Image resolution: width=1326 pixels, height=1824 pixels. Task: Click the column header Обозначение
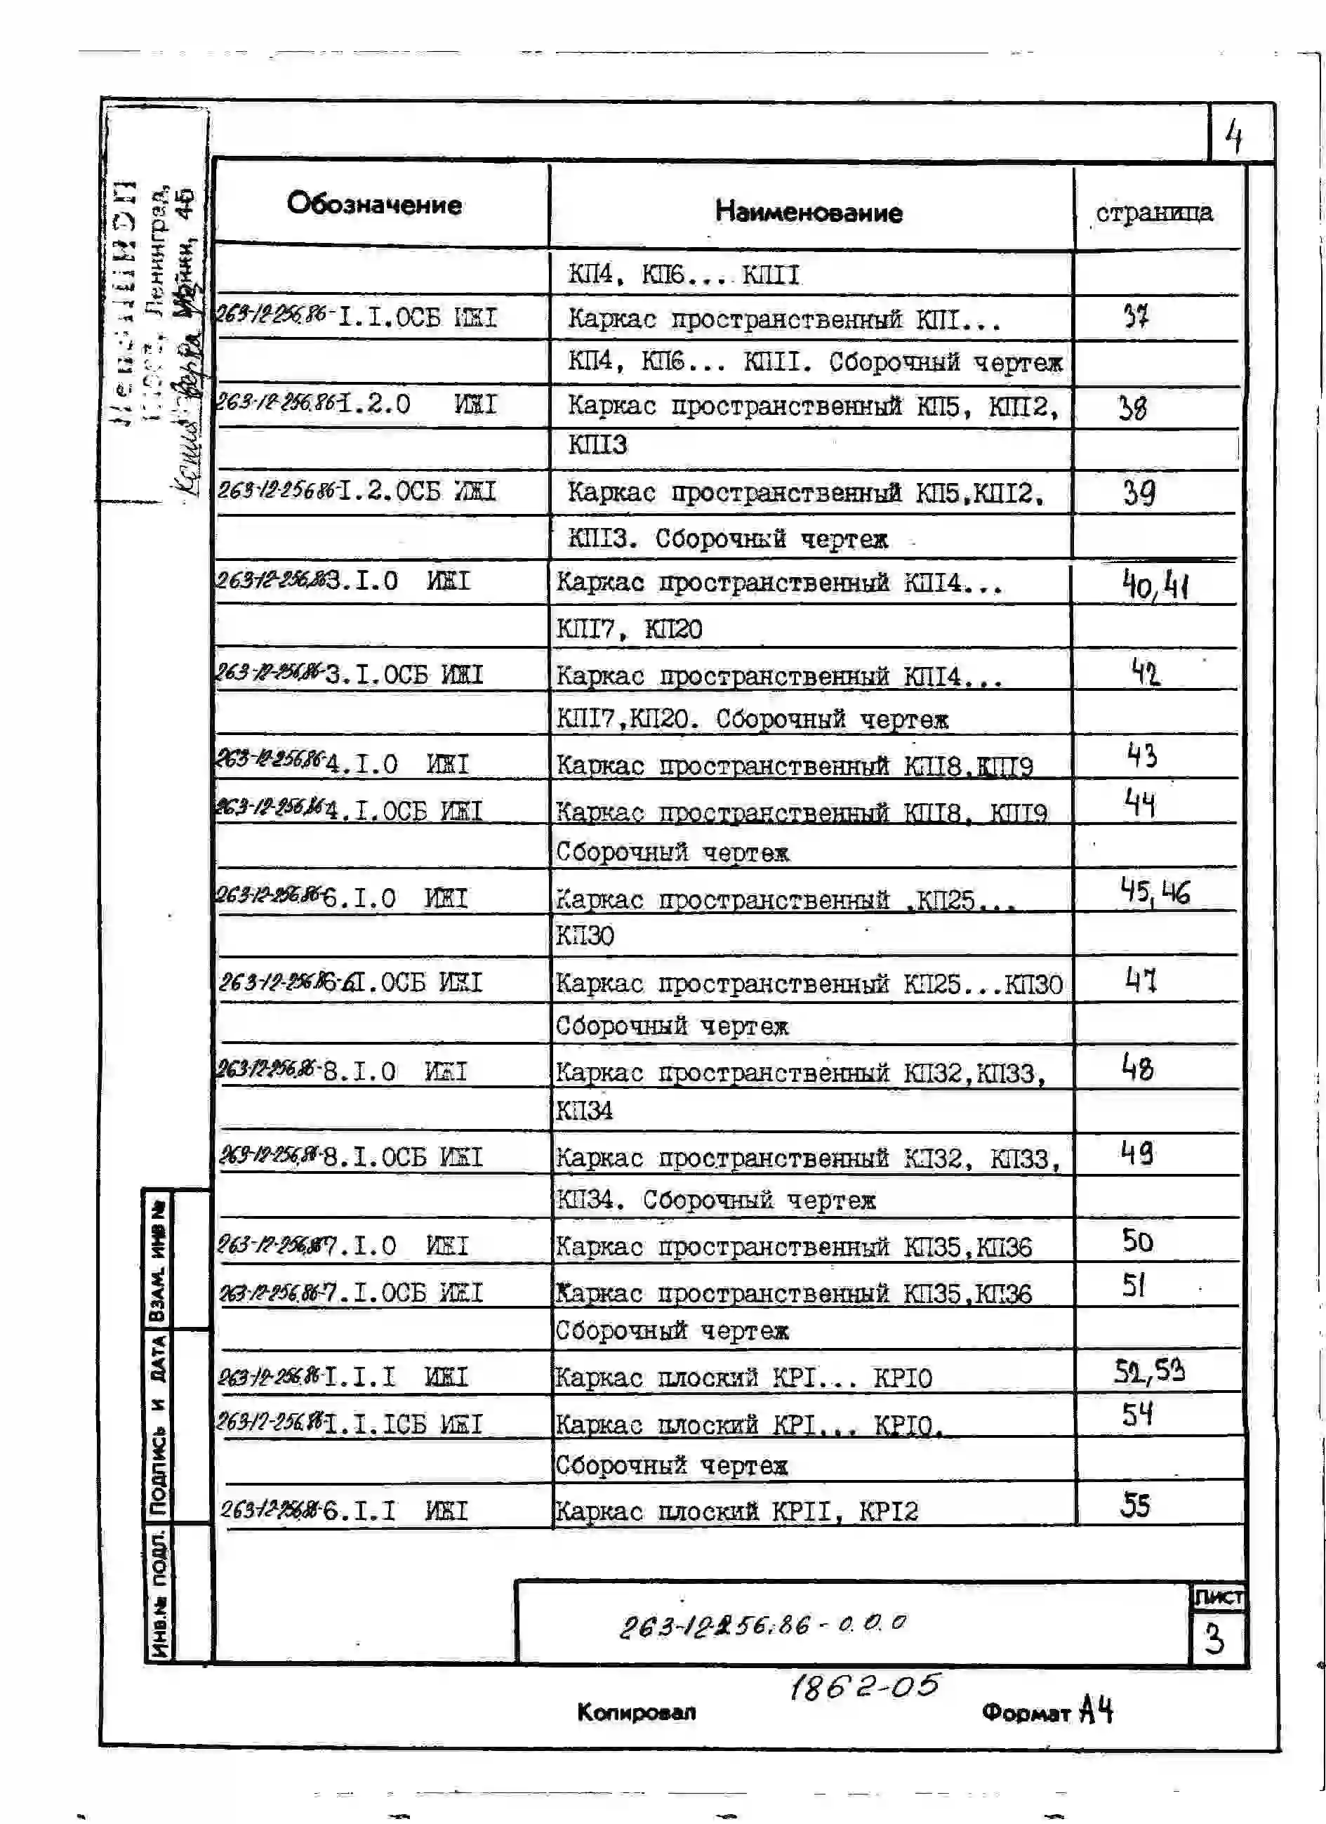[x=374, y=204]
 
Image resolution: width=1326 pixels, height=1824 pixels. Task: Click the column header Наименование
[x=808, y=212]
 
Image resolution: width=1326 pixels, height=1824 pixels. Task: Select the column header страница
[x=1154, y=212]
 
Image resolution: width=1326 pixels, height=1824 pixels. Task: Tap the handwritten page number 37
[x=1136, y=317]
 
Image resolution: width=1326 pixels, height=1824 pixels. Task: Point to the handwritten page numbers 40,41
[x=1155, y=585]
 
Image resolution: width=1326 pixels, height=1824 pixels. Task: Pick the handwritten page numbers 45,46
[x=1155, y=891]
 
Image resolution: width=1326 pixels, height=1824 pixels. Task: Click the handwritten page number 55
[x=1136, y=1505]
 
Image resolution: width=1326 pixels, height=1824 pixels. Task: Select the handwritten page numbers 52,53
[x=1149, y=1370]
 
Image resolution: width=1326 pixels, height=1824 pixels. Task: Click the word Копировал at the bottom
[x=636, y=1712]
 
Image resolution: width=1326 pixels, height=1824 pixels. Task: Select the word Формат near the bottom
[x=1026, y=1712]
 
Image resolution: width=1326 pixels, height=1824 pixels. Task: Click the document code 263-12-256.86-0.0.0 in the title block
[x=762, y=1625]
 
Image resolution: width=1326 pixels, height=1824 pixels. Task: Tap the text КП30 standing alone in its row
[x=585, y=935]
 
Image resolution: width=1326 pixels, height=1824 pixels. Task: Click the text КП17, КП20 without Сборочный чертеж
[x=629, y=628]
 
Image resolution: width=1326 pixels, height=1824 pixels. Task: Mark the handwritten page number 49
[x=1137, y=1154]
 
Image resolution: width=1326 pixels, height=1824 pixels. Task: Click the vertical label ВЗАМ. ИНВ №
[x=159, y=1260]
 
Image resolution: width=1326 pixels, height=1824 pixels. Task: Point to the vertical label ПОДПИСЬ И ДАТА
[x=159, y=1424]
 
